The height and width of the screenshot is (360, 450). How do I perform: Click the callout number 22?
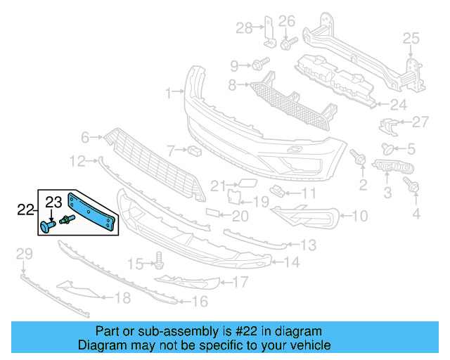point(25,209)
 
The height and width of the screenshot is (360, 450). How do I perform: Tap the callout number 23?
point(54,203)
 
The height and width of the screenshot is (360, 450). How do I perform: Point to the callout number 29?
point(24,253)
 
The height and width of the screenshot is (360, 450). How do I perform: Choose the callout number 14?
point(292,263)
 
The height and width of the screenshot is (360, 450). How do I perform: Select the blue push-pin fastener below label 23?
point(48,226)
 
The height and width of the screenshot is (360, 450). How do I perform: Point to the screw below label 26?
point(287,44)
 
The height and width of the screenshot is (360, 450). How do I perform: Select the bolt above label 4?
point(413,186)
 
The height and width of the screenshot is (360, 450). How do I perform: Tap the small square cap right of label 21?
point(248,186)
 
